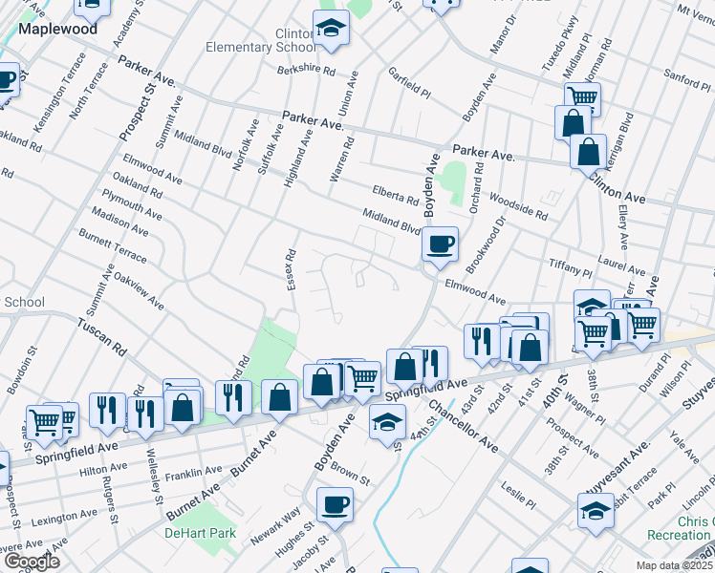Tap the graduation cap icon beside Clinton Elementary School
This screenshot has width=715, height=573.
(332, 30)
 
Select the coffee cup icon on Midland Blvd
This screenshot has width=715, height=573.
(440, 244)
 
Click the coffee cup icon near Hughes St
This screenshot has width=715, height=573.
(335, 504)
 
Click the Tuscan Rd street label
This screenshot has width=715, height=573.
(102, 337)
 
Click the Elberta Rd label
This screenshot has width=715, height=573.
(397, 200)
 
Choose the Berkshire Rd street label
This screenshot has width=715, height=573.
(307, 71)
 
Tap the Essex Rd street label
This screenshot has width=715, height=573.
(285, 270)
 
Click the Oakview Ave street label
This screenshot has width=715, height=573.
(139, 293)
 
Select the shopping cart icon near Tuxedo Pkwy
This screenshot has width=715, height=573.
(581, 96)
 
